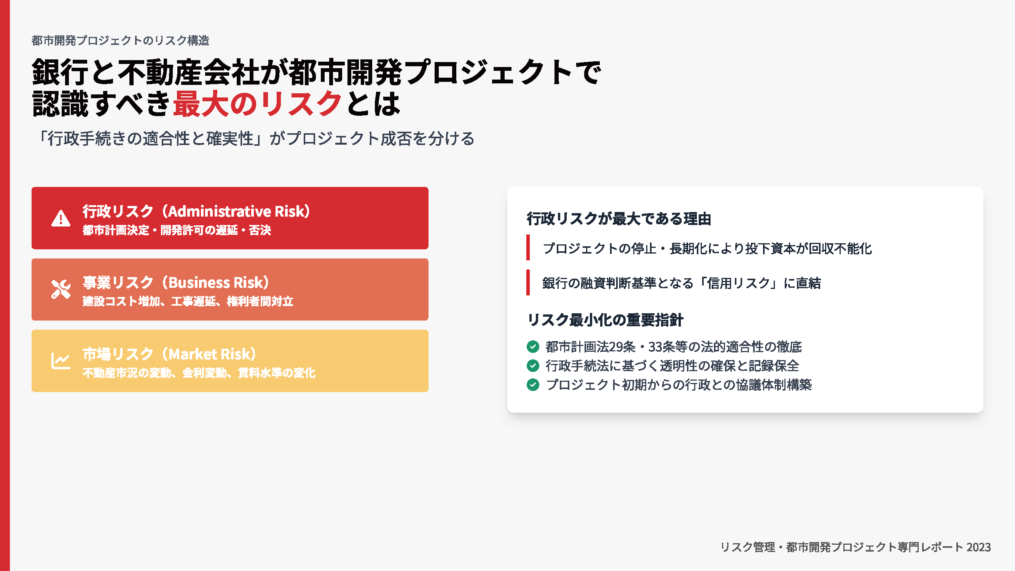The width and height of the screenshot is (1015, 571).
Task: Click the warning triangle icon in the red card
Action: click(61, 218)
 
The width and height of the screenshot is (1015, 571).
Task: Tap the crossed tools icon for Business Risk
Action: click(61, 289)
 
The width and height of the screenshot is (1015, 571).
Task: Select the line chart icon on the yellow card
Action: click(61, 360)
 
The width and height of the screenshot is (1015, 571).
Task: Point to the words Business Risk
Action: click(215, 282)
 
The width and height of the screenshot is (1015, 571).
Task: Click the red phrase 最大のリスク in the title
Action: click(257, 104)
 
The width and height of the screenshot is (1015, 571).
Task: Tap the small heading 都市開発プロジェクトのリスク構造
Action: click(120, 40)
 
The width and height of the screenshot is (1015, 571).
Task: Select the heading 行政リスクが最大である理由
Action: click(618, 219)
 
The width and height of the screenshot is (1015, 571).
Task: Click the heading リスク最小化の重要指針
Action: click(605, 320)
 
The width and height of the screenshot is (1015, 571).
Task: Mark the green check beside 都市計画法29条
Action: click(533, 347)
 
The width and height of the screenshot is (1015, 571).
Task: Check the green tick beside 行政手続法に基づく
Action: click(533, 366)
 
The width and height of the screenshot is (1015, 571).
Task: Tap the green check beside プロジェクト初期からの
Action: click(533, 384)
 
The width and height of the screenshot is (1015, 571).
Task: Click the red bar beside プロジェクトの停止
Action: click(528, 247)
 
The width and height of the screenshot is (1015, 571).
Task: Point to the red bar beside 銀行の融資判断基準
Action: click(528, 282)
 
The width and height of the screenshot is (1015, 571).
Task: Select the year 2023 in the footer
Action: click(978, 547)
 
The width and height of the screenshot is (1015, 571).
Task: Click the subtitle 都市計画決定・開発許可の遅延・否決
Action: click(177, 230)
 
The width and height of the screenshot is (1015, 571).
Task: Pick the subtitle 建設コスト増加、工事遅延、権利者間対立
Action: click(188, 301)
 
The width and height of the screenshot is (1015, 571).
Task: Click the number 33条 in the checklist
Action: click(661, 347)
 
